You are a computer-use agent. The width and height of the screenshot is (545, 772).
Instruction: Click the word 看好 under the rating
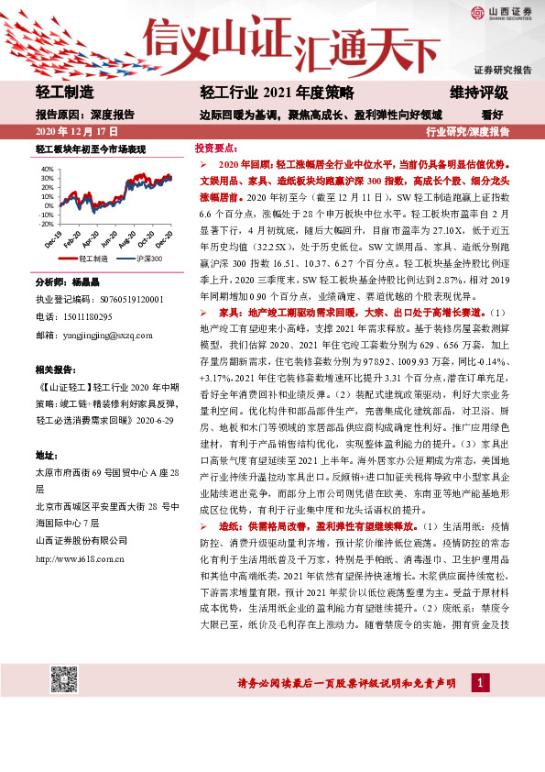click(x=493, y=115)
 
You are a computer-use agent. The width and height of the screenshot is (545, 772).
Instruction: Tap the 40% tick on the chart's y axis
click(x=47, y=170)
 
